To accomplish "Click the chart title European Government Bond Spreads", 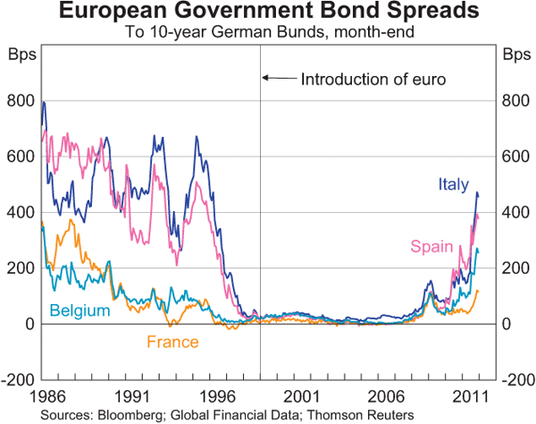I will pos(267,13).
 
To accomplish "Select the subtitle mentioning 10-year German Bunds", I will pos(267,33).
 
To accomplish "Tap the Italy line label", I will pos(453,184).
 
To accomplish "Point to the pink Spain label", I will pos(428,246).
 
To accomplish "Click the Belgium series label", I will pos(80,310).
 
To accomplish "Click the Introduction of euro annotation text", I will pos(373,79).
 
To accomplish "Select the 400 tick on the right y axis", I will pos(515,212).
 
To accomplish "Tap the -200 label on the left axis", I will pos(18,380).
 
